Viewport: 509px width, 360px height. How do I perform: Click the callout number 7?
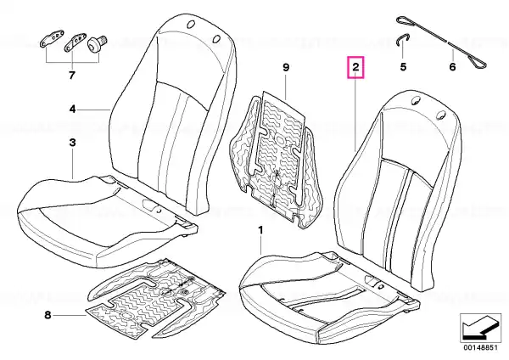click(x=72, y=75)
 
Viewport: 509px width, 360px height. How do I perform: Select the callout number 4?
click(x=73, y=110)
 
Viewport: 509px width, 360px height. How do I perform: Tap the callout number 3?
click(x=73, y=143)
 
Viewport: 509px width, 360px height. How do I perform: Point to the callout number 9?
click(x=286, y=68)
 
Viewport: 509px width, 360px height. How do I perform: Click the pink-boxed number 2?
click(x=355, y=67)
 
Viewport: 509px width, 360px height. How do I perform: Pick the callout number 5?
click(x=403, y=67)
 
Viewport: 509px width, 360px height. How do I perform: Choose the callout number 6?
click(x=452, y=67)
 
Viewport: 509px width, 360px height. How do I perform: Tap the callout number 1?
click(x=260, y=230)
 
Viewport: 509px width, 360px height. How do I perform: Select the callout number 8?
click(x=48, y=315)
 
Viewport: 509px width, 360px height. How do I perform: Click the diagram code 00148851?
click(x=480, y=347)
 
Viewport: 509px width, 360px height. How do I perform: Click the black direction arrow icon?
click(x=480, y=328)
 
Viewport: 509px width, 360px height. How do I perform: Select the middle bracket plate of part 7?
click(x=76, y=42)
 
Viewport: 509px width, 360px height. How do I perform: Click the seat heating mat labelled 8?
click(x=156, y=295)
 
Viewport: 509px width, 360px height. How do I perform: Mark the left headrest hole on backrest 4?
click(x=191, y=24)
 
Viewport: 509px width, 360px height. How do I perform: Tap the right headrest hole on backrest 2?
click(x=440, y=114)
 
